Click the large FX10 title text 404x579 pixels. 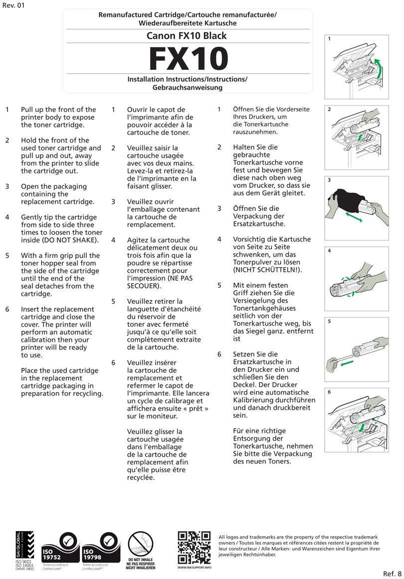[188, 59]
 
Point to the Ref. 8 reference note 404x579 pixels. [393, 572]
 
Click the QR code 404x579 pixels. [194, 547]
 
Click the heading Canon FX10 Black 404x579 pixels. [187, 35]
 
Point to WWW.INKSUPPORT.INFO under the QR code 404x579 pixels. [194, 568]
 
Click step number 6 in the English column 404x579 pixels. [7, 309]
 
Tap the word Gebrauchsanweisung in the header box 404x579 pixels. [187, 87]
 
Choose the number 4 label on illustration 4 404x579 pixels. [330, 251]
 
